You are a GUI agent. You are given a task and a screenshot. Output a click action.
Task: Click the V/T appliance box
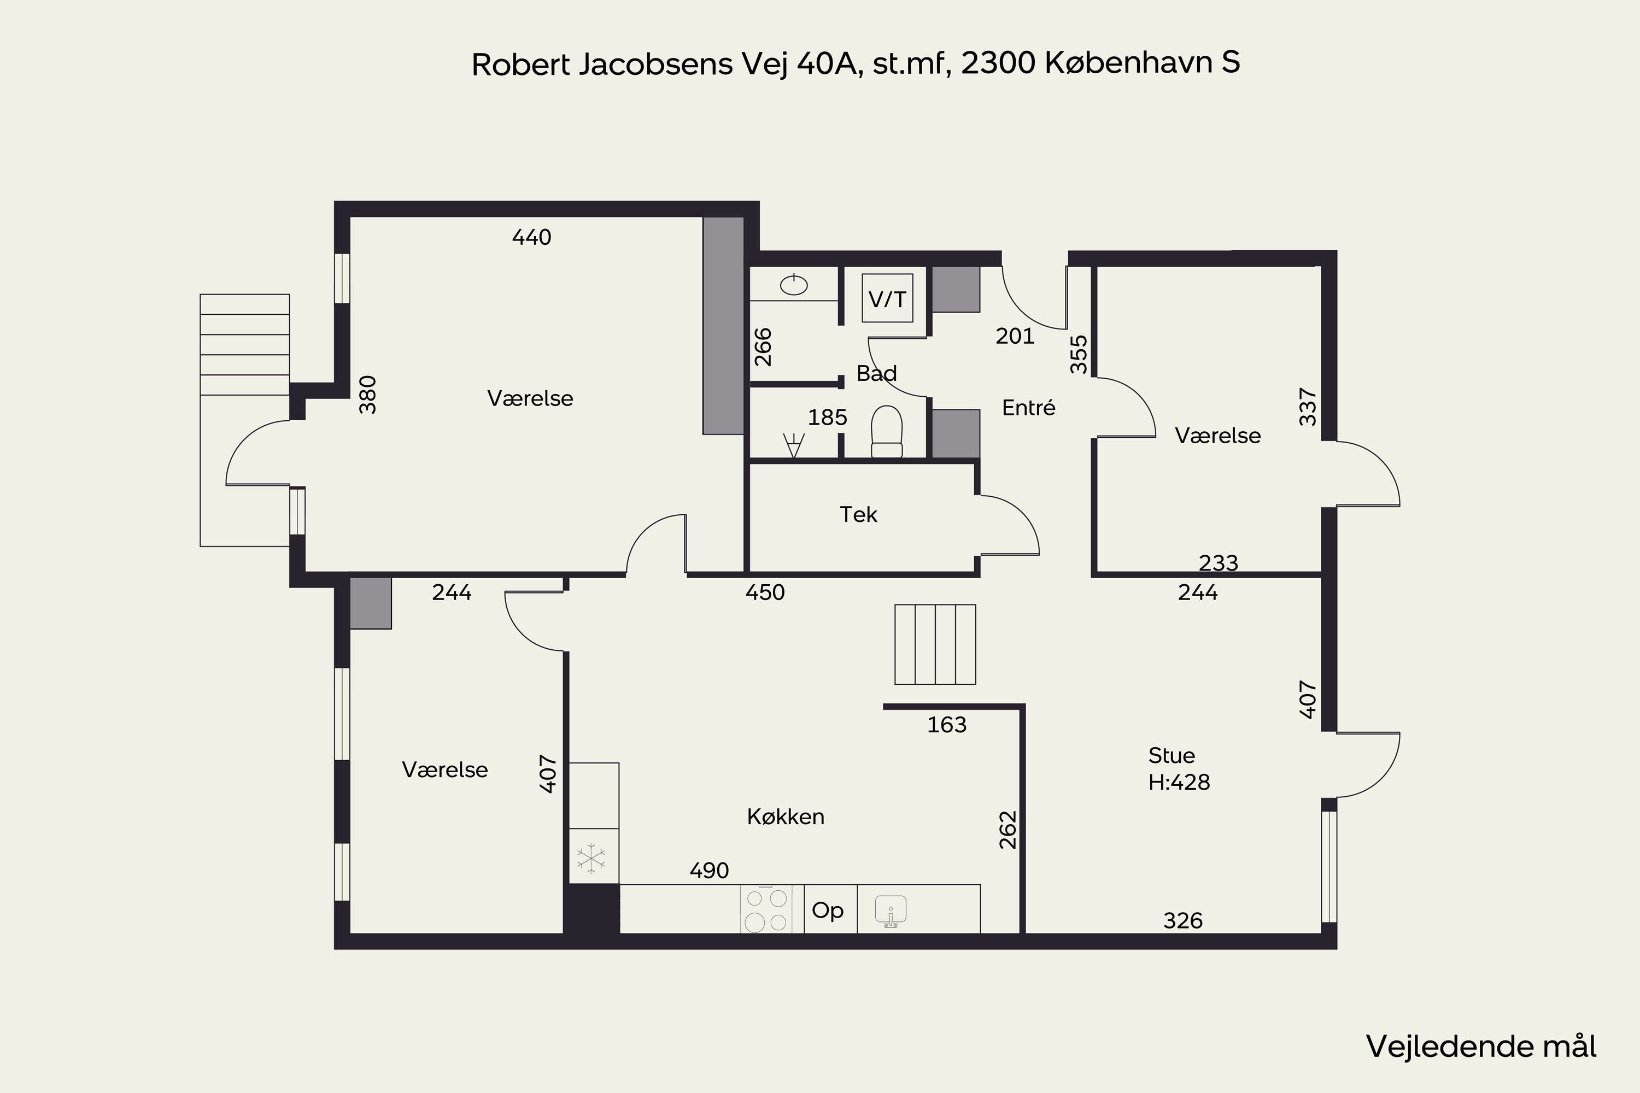tap(887, 298)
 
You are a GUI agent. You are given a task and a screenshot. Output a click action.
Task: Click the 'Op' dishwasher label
tap(828, 910)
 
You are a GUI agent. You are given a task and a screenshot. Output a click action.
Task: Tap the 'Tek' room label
tap(858, 514)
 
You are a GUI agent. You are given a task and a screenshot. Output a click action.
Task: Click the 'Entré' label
tap(1028, 408)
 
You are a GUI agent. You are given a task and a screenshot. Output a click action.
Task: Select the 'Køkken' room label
tap(786, 816)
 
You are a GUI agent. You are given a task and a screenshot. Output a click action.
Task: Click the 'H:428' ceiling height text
tap(1179, 782)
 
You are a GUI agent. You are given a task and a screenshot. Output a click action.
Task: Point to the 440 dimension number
tap(531, 238)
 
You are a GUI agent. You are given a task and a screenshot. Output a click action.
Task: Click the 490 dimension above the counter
tap(709, 871)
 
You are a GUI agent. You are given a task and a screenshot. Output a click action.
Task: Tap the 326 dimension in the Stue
tap(1182, 921)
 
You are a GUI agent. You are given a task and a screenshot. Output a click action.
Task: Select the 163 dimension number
tap(946, 725)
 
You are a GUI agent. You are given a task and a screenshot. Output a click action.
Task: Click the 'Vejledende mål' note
tap(1481, 1047)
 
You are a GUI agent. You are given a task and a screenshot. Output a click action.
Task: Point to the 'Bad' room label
tap(876, 374)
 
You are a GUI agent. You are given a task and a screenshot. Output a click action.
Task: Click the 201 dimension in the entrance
tap(1015, 337)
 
